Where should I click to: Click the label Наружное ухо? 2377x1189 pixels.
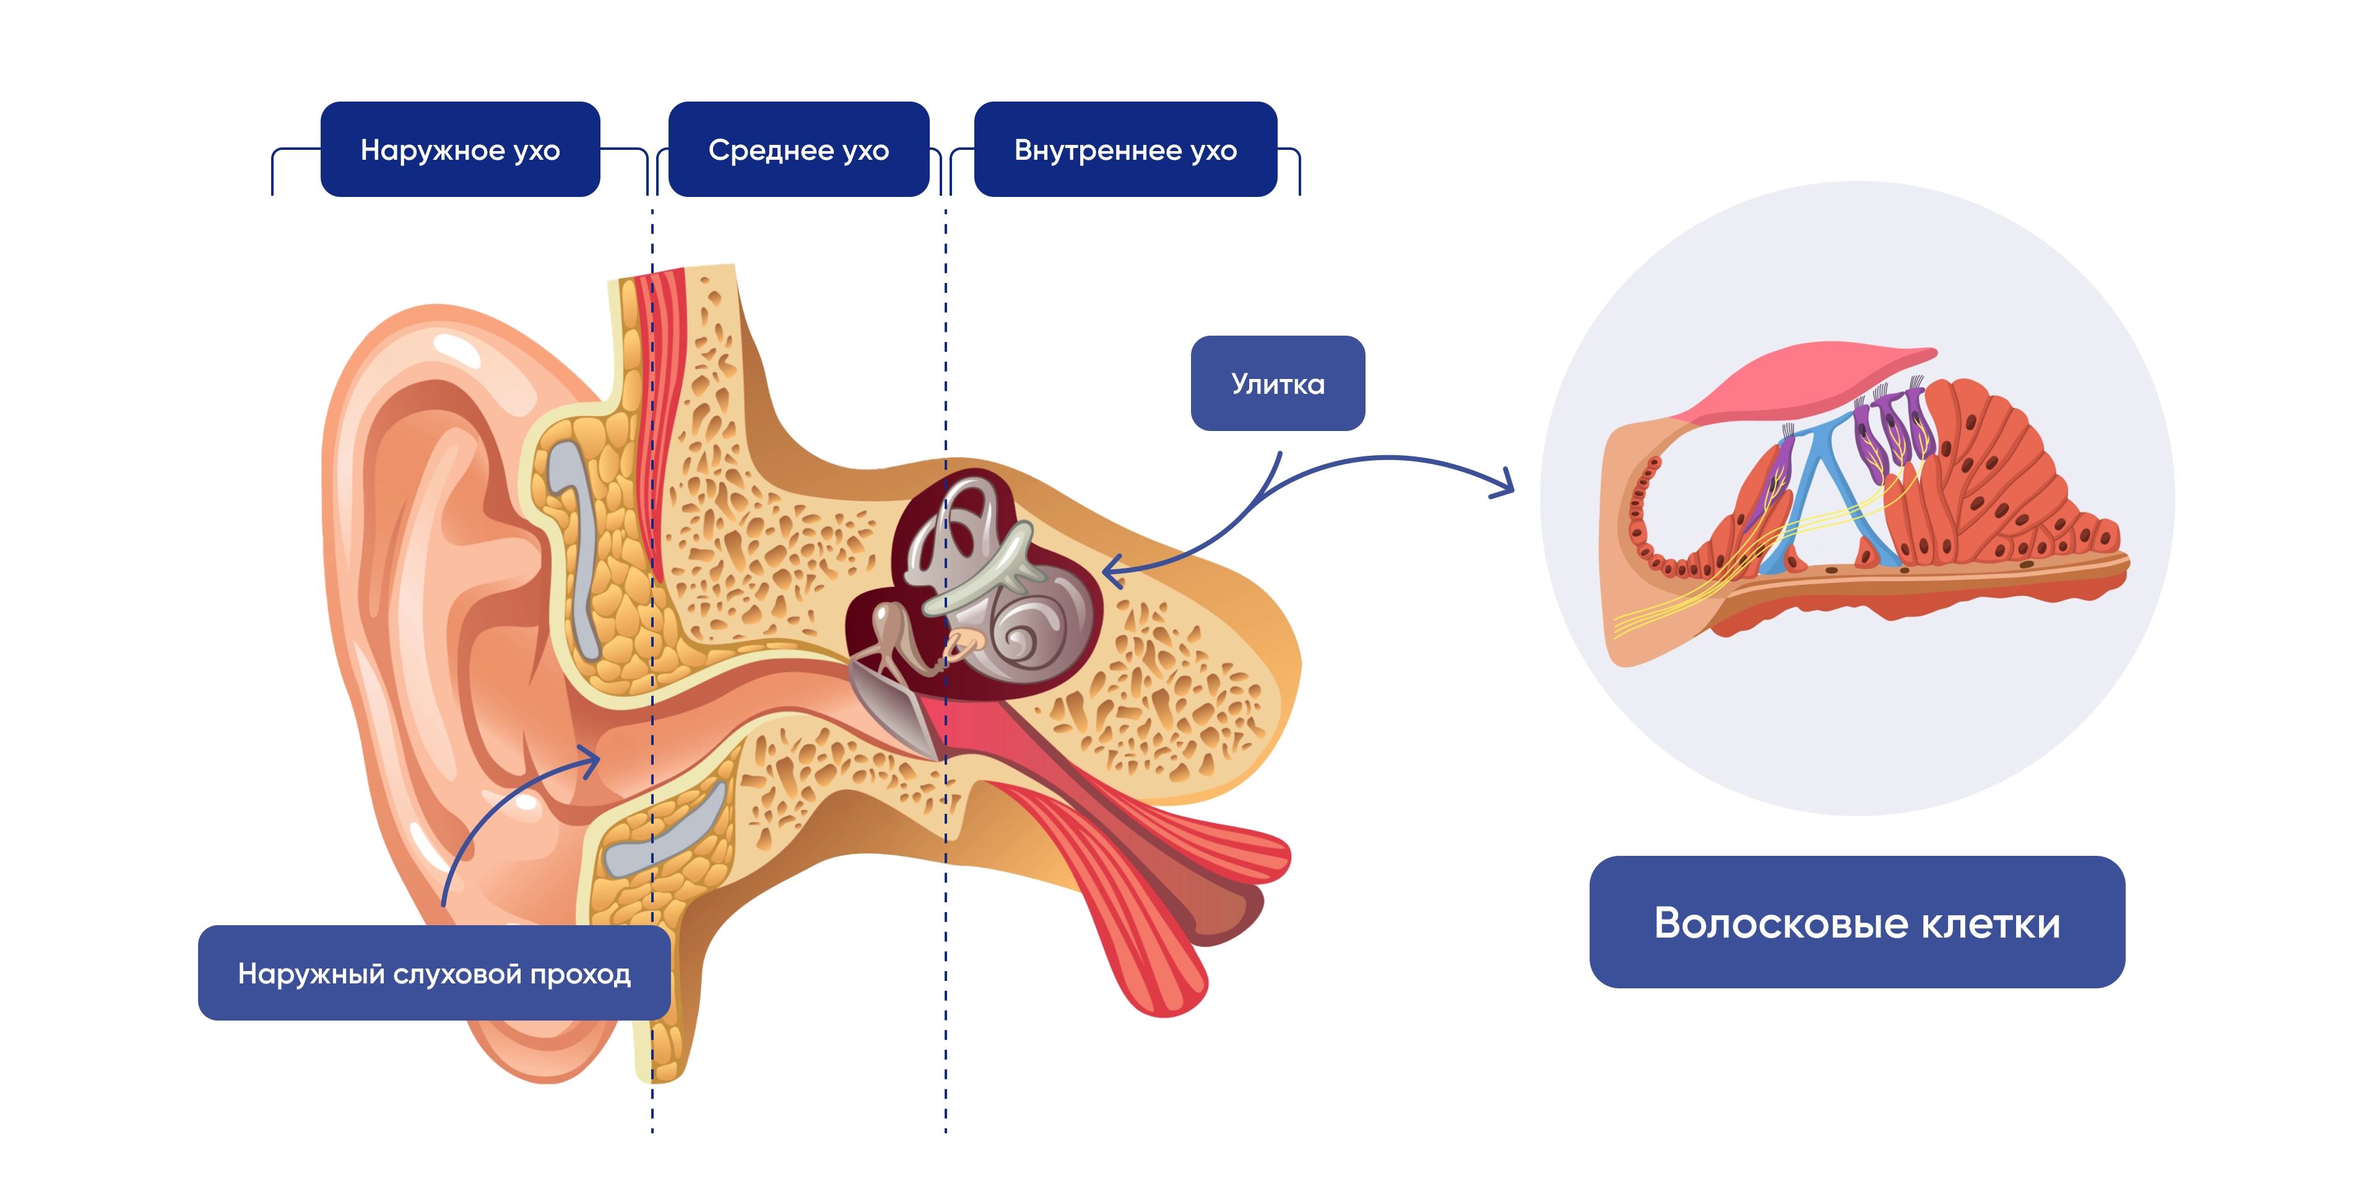[459, 149]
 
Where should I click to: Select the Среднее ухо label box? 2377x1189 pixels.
[798, 149]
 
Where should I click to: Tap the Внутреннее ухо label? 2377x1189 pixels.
[1125, 149]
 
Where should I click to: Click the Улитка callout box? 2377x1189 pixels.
[1277, 383]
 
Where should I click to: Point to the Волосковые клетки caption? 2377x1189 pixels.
[1856, 922]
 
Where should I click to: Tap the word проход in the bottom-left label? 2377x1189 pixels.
[581, 974]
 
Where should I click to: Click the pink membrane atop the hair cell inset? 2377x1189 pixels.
[1809, 378]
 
